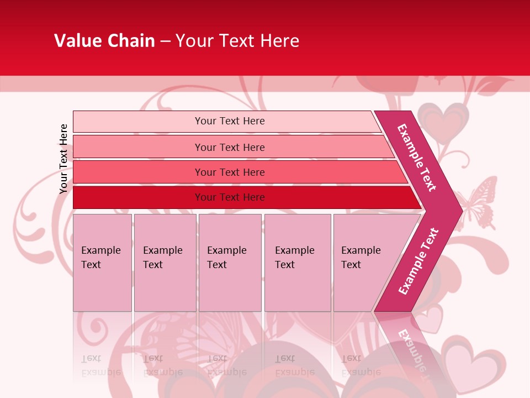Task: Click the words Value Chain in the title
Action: [x=104, y=41]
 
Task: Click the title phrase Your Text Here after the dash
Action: [x=237, y=41]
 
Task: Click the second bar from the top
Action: [x=230, y=147]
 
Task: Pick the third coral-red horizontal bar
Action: [x=230, y=172]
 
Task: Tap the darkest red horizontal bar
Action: [x=230, y=197]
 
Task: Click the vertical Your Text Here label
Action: [x=63, y=159]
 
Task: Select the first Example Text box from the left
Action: [x=102, y=262]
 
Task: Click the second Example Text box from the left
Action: [x=165, y=262]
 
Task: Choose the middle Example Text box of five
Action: [x=230, y=262]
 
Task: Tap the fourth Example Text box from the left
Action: [x=297, y=262]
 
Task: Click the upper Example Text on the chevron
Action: [x=417, y=157]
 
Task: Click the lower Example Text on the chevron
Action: [x=418, y=261]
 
